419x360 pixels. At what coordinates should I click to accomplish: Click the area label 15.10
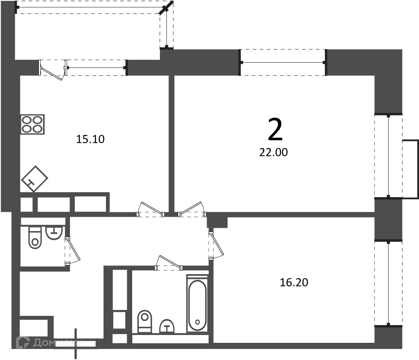90,139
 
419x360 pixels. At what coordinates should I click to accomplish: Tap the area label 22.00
273,152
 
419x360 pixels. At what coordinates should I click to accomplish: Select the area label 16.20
294,282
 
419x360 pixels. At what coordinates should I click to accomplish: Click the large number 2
275,130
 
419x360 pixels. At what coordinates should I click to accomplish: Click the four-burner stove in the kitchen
33,124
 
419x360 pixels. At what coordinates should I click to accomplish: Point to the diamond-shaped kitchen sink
34,179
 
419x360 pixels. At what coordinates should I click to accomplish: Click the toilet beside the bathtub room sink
144,322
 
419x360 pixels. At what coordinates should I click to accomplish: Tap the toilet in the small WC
35,238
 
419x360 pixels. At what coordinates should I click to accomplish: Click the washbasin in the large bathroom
167,326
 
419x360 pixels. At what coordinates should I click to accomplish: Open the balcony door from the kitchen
53,70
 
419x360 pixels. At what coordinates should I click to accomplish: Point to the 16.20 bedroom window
388,283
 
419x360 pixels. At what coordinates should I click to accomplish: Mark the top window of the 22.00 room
283,63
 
